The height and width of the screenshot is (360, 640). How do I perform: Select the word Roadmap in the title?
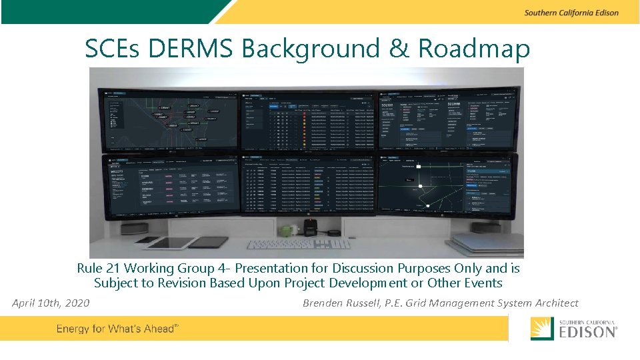(x=474, y=49)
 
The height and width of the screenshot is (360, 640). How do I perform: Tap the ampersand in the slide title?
(x=399, y=49)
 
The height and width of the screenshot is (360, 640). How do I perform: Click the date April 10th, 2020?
(x=51, y=303)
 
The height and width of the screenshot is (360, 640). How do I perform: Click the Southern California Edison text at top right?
(x=571, y=13)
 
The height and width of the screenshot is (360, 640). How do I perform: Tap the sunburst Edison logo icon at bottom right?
(x=542, y=329)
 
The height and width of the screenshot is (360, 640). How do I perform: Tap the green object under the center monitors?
(x=287, y=231)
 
